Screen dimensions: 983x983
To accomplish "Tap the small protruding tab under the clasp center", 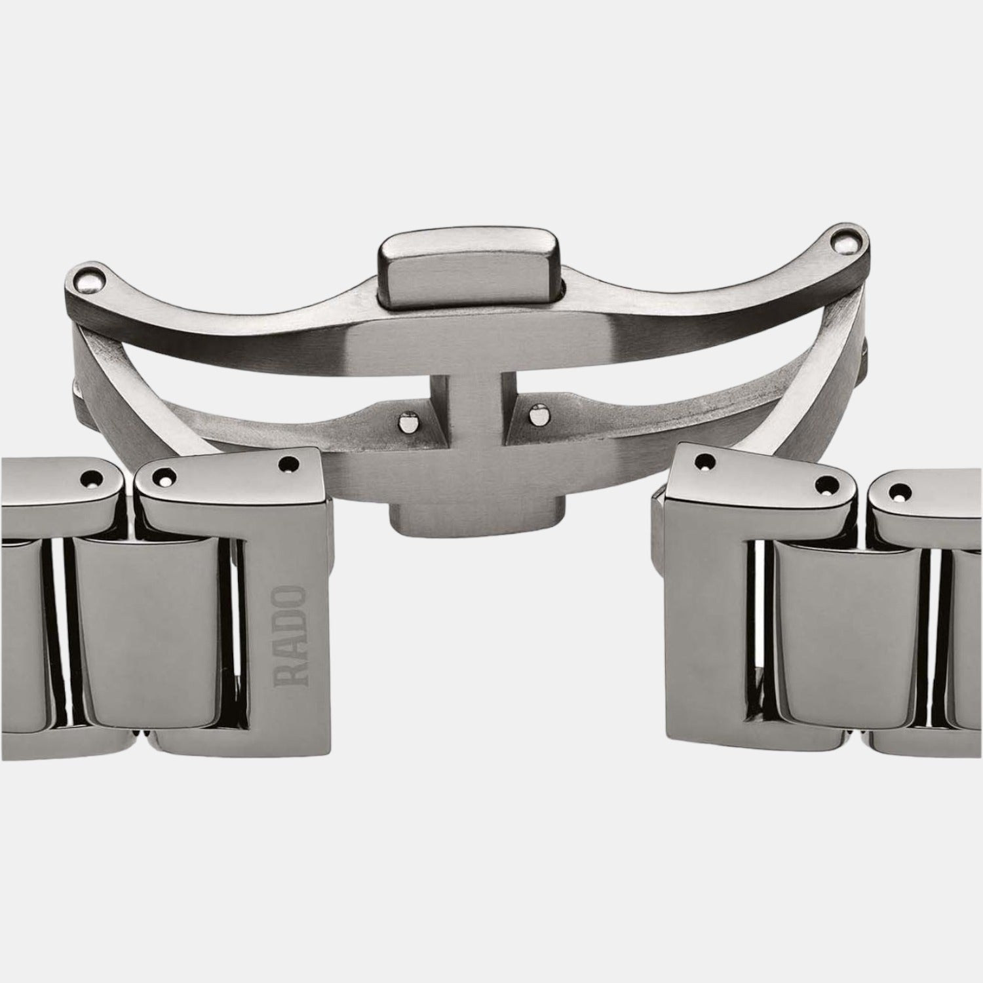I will (476, 517).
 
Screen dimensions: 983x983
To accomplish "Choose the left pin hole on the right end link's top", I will (703, 461).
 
